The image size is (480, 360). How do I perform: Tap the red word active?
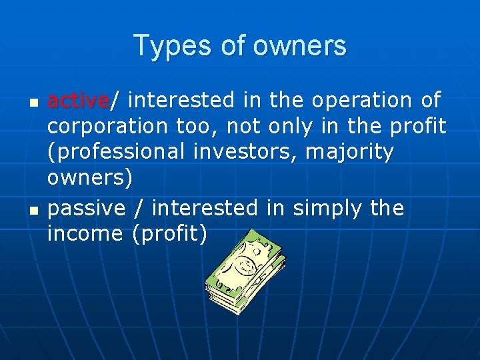[78, 101]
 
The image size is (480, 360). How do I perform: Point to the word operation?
[361, 101]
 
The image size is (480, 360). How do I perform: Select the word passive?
[87, 209]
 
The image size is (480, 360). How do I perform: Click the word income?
[85, 234]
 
